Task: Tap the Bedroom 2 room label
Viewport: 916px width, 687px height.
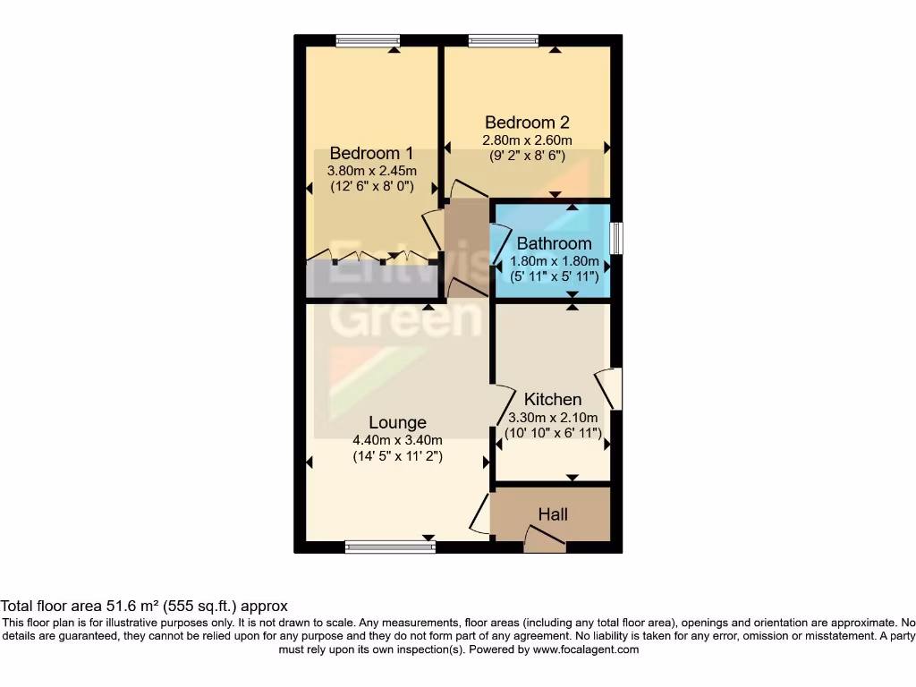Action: click(527, 123)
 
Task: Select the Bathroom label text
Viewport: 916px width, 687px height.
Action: click(554, 243)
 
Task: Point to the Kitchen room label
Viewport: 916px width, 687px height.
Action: click(553, 400)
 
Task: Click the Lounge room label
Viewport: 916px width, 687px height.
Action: click(397, 422)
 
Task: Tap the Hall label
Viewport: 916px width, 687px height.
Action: click(553, 514)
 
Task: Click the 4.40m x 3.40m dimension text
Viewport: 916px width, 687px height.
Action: click(398, 439)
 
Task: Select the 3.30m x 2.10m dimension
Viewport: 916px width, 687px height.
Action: click(553, 417)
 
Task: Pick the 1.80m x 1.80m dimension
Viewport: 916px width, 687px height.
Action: click(554, 261)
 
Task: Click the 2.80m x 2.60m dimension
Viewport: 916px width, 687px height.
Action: click(527, 140)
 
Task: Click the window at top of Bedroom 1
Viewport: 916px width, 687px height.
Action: click(368, 40)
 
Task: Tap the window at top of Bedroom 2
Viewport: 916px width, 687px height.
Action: click(503, 40)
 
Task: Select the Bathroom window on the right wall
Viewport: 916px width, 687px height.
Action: click(616, 239)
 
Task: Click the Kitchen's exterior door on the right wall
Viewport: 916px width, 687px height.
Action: click(615, 389)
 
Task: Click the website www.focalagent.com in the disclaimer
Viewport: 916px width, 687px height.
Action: click(586, 650)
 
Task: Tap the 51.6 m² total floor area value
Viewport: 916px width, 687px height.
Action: click(101, 606)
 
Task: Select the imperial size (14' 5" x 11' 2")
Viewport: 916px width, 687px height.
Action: click(398, 456)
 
